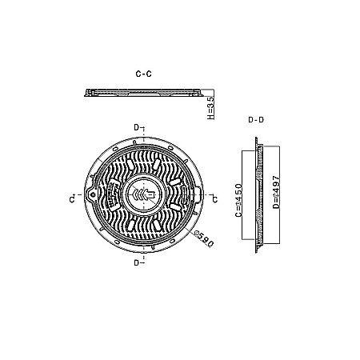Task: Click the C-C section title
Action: [144, 74]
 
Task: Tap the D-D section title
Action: [257, 120]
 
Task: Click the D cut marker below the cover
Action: [138, 262]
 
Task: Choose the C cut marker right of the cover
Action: [212, 197]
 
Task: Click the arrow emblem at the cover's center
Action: [144, 195]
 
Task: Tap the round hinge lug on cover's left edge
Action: [94, 195]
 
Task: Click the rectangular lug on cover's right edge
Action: [194, 194]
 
